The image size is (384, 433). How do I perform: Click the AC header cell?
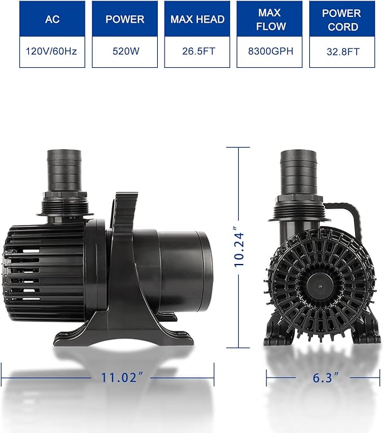52,19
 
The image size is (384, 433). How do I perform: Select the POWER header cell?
124,19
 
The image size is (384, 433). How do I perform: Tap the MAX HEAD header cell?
197,19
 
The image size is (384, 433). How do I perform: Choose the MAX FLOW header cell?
269,19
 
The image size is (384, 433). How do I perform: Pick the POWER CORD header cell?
342,19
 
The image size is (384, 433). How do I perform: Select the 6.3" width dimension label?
322,378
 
